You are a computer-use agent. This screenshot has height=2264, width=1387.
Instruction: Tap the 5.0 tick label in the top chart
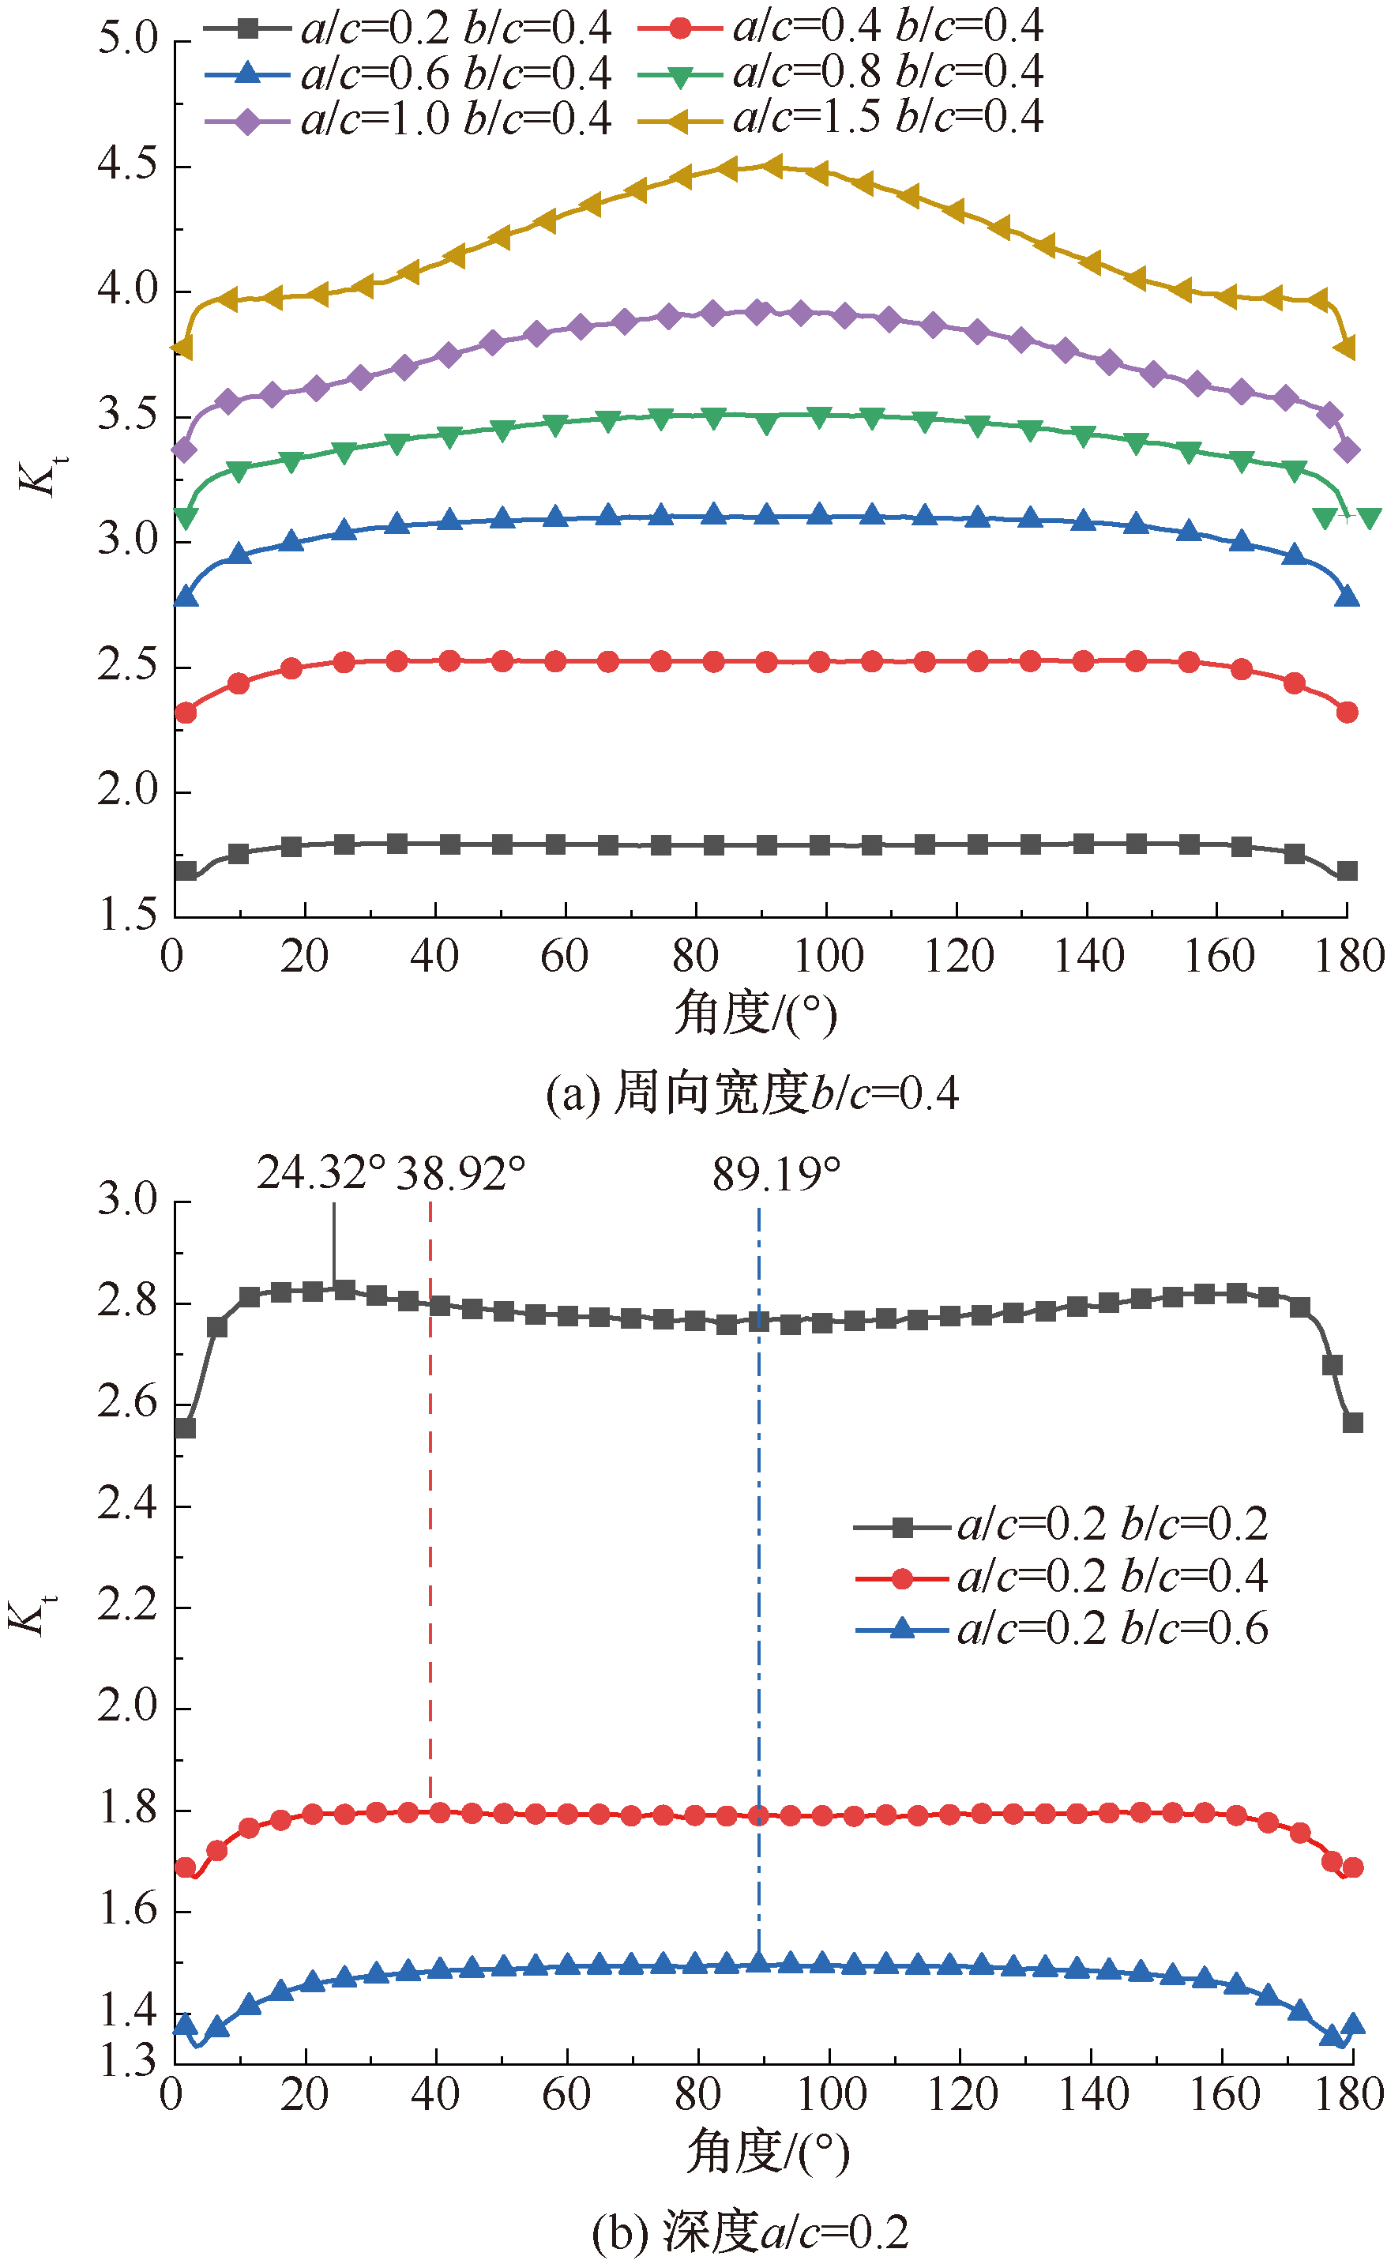[128, 40]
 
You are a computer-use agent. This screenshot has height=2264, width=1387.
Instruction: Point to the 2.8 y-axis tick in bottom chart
[128, 1303]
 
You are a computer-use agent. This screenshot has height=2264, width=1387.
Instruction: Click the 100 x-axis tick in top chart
[828, 957]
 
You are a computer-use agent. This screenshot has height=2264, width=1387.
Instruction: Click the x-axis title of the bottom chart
[768, 2153]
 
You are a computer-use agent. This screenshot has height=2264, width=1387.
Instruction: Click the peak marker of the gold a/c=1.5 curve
[772, 167]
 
